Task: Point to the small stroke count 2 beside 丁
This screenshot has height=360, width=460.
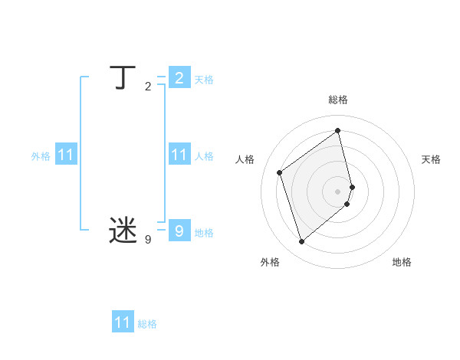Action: click(x=148, y=87)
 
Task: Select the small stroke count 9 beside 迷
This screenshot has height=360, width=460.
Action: click(x=148, y=240)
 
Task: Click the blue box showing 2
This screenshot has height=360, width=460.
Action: click(x=179, y=78)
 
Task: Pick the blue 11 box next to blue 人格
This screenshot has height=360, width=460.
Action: click(x=179, y=155)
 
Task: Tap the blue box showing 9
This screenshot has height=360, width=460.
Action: click(x=179, y=230)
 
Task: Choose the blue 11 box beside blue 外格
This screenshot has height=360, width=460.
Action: click(x=66, y=155)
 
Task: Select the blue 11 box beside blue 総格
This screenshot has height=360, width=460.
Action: click(x=123, y=322)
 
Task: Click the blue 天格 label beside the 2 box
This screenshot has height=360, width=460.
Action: click(x=204, y=80)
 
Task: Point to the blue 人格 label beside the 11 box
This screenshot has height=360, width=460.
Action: click(x=204, y=156)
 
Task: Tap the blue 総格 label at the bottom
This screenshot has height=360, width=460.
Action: click(x=147, y=324)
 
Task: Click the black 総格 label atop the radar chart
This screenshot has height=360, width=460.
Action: click(x=338, y=100)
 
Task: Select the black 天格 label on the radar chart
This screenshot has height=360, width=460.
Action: click(x=432, y=159)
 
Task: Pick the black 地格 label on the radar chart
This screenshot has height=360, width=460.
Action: click(x=402, y=262)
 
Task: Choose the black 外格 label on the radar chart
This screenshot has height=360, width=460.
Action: click(x=269, y=262)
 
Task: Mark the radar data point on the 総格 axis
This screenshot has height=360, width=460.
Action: click(x=338, y=130)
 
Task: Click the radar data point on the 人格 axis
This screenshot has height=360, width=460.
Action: click(x=280, y=172)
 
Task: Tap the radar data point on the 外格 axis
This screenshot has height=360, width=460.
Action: click(x=301, y=242)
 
